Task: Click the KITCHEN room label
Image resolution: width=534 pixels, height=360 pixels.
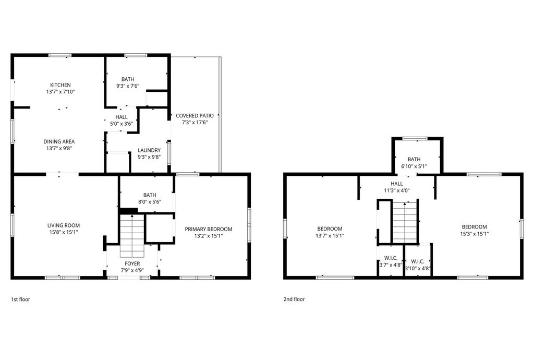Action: [60, 85]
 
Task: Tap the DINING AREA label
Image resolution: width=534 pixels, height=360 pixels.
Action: [59, 141]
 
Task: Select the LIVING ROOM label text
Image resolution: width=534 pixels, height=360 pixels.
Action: [64, 225]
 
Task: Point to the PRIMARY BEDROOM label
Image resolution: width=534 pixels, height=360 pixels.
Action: [209, 229]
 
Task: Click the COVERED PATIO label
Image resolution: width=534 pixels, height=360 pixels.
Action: [195, 115]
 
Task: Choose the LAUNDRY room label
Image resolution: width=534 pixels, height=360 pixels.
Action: [149, 150]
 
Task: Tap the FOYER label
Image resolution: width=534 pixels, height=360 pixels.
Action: [132, 263]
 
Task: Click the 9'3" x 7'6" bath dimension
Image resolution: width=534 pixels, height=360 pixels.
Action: [128, 86]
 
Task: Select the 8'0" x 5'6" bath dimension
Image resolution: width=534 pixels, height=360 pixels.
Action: [150, 201]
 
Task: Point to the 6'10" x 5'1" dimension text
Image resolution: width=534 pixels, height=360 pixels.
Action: [414, 166]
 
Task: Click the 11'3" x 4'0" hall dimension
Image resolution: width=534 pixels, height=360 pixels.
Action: [397, 190]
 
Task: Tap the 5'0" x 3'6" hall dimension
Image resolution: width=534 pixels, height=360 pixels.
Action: [121, 124]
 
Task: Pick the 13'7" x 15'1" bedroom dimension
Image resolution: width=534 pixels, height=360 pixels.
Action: [330, 235]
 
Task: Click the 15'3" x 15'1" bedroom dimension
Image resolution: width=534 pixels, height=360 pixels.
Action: [475, 234]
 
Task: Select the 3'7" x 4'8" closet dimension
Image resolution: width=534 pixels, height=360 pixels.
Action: [391, 265]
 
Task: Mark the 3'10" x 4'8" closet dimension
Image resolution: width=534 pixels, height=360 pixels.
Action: [418, 268]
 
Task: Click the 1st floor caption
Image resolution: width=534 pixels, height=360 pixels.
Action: [20, 299]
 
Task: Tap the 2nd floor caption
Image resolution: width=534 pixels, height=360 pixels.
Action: [294, 299]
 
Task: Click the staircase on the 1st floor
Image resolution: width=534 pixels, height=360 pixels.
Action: [132, 236]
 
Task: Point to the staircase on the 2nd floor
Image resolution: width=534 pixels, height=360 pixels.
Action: [405, 222]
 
